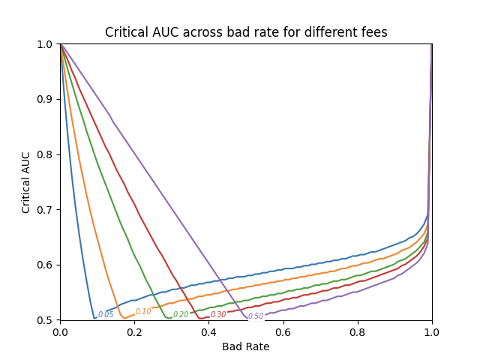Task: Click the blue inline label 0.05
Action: click(106, 314)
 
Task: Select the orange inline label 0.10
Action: click(143, 311)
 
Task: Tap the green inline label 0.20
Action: click(181, 314)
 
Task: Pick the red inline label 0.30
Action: click(218, 314)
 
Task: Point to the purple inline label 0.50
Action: click(256, 316)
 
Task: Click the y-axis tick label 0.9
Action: click(45, 99)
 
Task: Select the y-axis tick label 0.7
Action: click(45, 210)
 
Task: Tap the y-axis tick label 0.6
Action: click(45, 265)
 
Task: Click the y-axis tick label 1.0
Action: click(45, 44)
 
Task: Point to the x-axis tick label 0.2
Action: click(135, 332)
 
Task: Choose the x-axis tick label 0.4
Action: click(209, 332)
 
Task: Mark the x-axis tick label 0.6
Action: click(283, 332)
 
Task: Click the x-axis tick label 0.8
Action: click(358, 332)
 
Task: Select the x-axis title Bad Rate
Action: click(246, 346)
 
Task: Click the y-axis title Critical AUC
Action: click(25, 182)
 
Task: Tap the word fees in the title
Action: click(375, 32)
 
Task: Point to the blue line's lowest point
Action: click(94, 319)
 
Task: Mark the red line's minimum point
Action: click(200, 319)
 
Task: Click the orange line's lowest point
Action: click(124, 319)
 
